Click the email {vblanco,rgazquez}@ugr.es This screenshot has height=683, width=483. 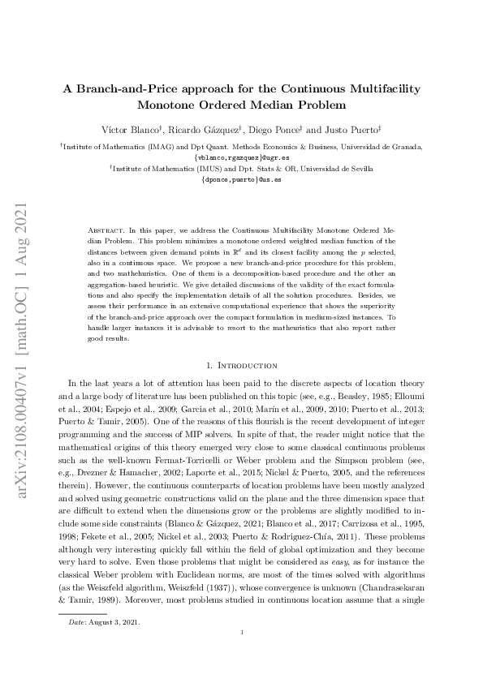coord(241,156)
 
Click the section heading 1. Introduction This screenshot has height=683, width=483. coord(241,366)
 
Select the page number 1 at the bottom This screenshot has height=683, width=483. coord(242,656)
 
